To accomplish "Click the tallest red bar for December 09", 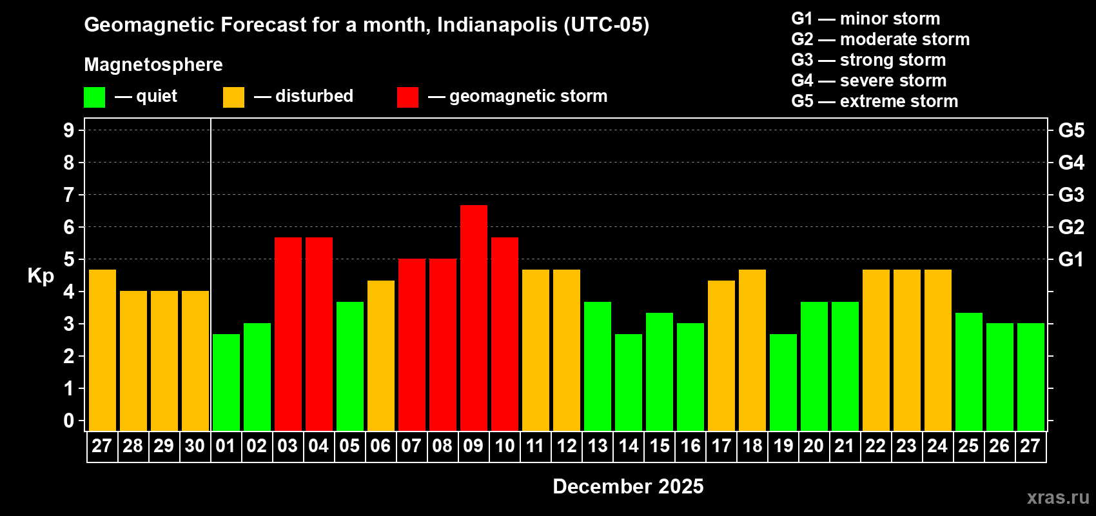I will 474,317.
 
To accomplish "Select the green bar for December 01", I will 226,382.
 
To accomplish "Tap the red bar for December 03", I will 288,333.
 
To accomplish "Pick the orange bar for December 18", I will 752,350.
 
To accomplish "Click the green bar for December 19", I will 783,382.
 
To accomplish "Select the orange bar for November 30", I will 195,361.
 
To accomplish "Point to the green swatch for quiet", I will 95,97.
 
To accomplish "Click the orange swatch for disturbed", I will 233,97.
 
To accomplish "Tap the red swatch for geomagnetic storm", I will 407,97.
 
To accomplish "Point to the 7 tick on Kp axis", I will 69,195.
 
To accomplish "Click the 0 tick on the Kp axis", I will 69,421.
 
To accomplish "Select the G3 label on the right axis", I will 1071,195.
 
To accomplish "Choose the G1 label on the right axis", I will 1071,259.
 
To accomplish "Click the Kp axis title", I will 41,276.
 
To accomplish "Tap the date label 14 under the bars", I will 629,446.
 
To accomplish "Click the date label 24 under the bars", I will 937,446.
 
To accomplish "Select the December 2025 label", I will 628,486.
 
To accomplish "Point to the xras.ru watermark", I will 1058,497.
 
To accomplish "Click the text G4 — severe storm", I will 868,81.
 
